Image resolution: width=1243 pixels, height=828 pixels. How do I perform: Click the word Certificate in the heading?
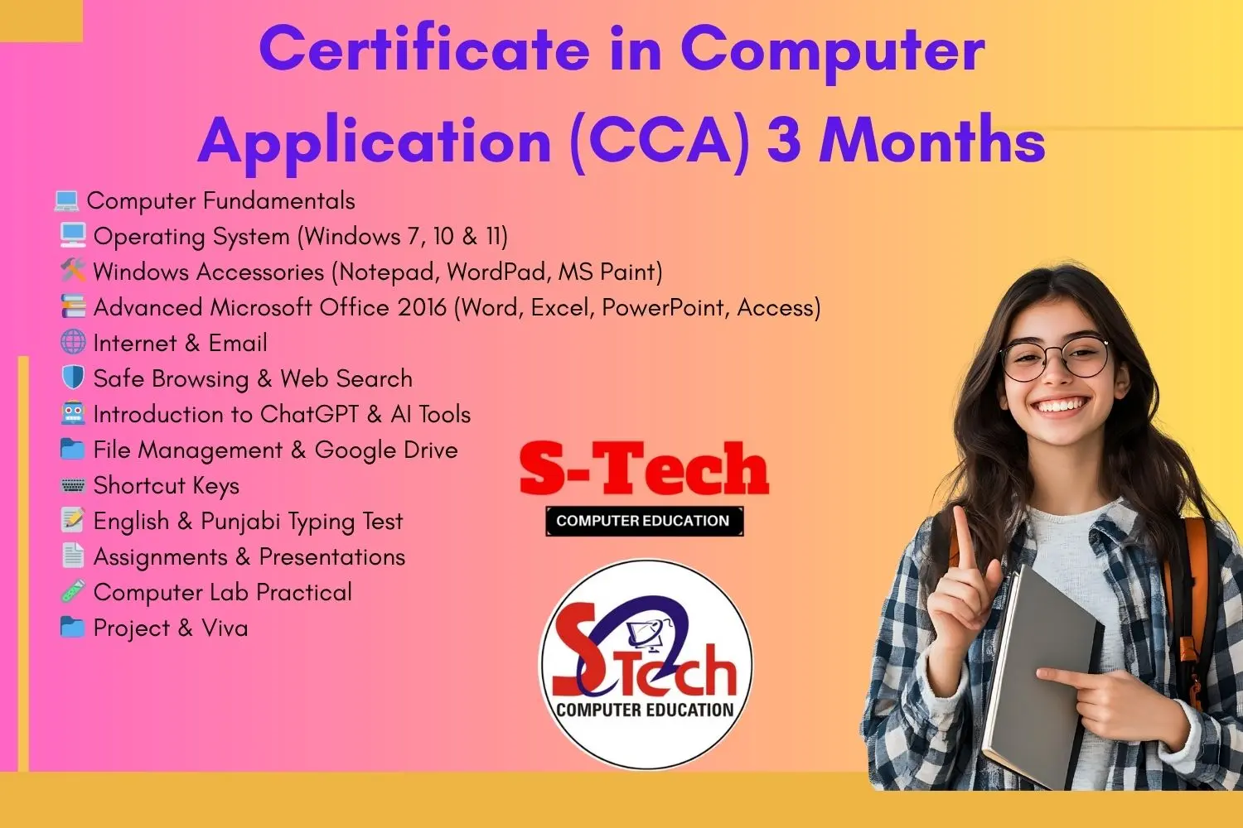click(x=424, y=49)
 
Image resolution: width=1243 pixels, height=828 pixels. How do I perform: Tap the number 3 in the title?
click(x=784, y=140)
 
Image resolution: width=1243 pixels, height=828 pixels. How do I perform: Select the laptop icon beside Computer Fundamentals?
click(x=66, y=201)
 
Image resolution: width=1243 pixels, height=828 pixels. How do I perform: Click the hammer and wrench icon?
click(x=73, y=270)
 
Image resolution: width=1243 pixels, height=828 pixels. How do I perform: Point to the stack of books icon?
click(x=73, y=306)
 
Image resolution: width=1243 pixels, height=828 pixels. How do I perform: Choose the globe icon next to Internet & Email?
click(x=73, y=342)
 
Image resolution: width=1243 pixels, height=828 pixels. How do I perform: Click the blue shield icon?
click(x=73, y=377)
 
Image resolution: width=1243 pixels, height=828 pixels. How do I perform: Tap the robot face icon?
click(x=73, y=413)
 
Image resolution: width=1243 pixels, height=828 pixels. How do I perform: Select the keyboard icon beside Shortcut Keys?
click(x=73, y=486)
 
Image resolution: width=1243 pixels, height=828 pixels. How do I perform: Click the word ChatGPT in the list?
click(x=309, y=414)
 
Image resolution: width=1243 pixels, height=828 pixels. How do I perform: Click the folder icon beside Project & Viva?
click(x=72, y=628)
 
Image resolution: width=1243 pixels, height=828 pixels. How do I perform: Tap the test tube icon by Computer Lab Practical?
click(x=73, y=592)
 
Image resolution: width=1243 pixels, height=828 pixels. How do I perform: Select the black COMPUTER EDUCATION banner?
click(x=644, y=521)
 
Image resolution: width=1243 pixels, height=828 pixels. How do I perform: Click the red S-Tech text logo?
click(x=644, y=468)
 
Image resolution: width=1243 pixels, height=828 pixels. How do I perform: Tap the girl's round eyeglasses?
click(x=1054, y=359)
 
